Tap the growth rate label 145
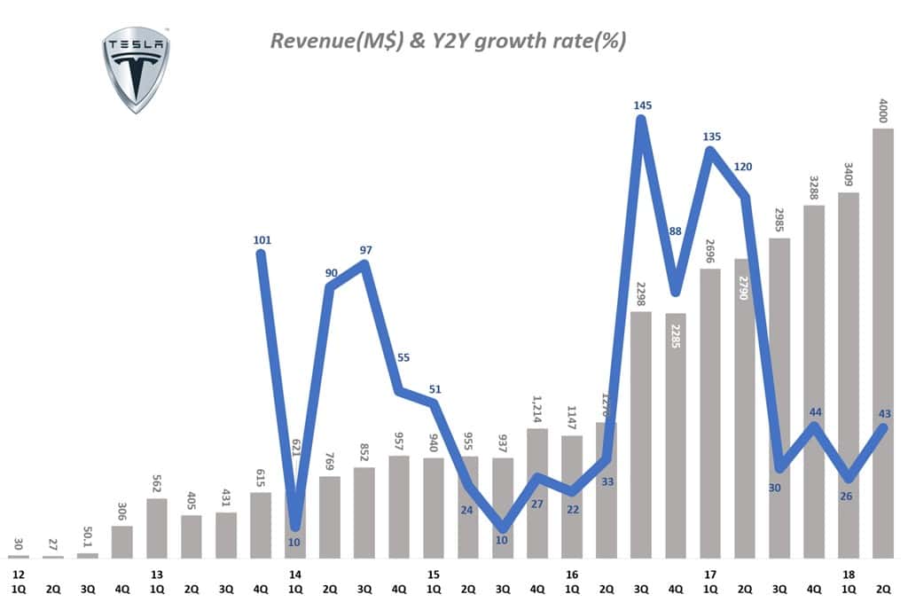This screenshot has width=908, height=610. [x=643, y=106]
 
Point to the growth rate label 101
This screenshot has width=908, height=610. [x=262, y=239]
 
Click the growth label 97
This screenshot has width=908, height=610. [x=366, y=250]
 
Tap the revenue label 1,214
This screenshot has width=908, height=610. [x=537, y=410]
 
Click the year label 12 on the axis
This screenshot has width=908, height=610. [x=18, y=575]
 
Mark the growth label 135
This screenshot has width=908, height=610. [x=712, y=137]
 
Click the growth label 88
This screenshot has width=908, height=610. [x=675, y=231]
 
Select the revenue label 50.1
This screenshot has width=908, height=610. [x=88, y=536]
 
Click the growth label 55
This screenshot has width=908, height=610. [x=403, y=357]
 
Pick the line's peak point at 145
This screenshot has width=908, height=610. [x=642, y=121]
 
